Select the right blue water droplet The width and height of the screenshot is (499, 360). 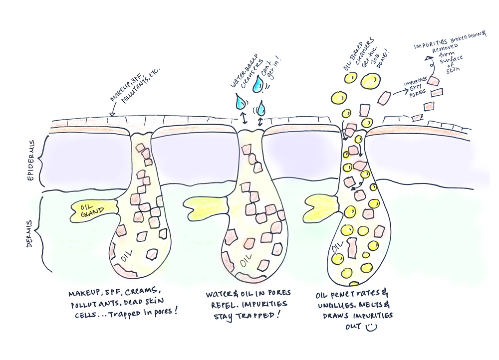(x=259, y=84)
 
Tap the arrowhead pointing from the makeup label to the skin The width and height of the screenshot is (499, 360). (x=112, y=115)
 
